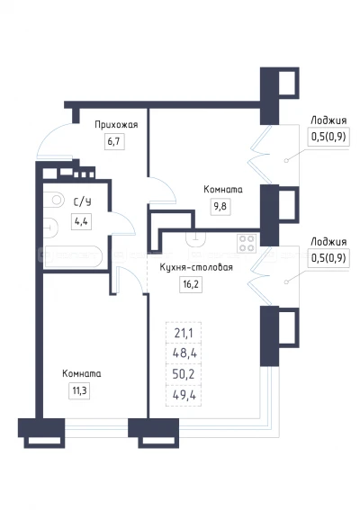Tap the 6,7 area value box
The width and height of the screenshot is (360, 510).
pos(112,142)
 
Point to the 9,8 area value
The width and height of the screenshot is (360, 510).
pos(219,206)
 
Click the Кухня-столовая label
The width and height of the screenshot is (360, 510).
pos(195,268)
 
